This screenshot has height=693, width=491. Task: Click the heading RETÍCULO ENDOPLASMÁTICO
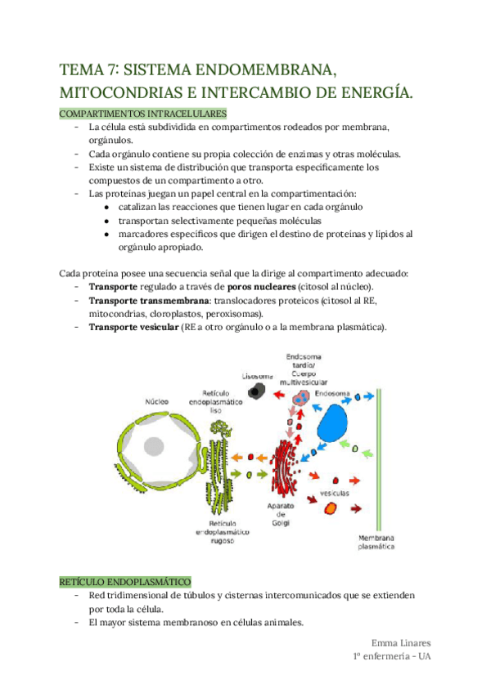coord(124,579)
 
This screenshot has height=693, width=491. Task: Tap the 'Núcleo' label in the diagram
coord(157,403)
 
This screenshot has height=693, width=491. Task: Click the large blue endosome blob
coord(333,425)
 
